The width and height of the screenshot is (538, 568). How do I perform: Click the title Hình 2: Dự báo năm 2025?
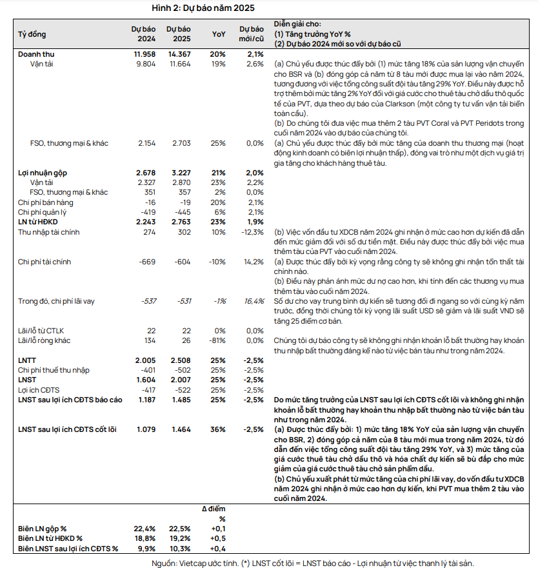click(203, 8)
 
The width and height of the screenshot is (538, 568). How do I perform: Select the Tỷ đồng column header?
click(32, 34)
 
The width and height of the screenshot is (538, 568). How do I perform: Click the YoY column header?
click(219, 34)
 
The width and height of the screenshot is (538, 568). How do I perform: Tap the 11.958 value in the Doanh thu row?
click(144, 54)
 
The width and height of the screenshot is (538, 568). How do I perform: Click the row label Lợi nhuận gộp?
click(43, 173)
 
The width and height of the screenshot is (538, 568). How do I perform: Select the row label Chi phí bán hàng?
click(45, 202)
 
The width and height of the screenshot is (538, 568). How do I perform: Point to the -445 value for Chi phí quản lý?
click(183, 212)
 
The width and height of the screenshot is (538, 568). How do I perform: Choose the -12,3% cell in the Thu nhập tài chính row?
click(252, 231)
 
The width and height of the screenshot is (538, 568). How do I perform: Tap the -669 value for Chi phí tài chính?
click(148, 262)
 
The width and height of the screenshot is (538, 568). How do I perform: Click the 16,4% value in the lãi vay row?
click(254, 301)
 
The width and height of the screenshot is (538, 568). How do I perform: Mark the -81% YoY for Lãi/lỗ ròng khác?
click(217, 340)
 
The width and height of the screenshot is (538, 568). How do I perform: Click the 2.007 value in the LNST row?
click(181, 380)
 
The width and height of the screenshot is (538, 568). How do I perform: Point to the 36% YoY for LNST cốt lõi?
click(219, 429)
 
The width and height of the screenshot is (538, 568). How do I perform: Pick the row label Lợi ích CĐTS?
click(38, 390)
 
